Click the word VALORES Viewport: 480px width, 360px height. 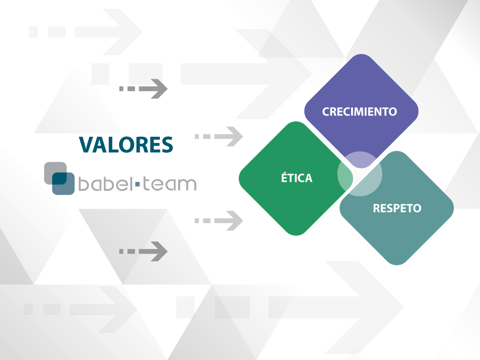click(x=126, y=144)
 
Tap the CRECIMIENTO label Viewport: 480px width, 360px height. click(x=360, y=112)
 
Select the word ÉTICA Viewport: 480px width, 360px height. click(x=297, y=177)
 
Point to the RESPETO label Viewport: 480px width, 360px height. click(x=397, y=208)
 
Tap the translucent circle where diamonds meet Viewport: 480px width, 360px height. click(x=360, y=173)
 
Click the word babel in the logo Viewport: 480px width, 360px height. click(x=105, y=183)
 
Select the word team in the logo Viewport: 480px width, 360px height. click(x=169, y=184)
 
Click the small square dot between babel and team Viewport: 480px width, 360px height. click(x=137, y=184)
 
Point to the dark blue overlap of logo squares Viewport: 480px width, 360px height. click(x=60, y=179)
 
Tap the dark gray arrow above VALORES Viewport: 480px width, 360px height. click(x=143, y=89)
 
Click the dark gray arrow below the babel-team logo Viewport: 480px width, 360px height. click(x=143, y=251)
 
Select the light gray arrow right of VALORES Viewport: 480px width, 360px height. click(x=219, y=136)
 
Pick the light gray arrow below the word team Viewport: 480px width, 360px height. click(x=219, y=221)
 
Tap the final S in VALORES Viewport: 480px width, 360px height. click(x=167, y=144)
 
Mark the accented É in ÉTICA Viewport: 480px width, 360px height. click(x=285, y=177)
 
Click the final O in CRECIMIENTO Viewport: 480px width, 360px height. click(x=392, y=112)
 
